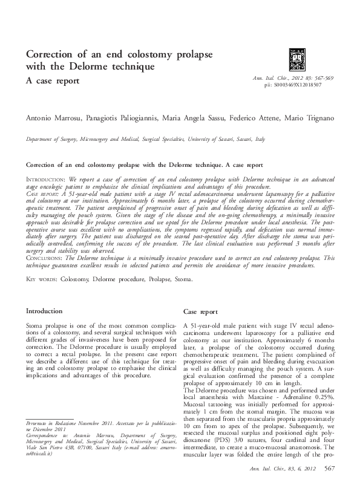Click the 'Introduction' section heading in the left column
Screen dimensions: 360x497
(x=45, y=311)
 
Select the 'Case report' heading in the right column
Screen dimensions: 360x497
(x=200, y=312)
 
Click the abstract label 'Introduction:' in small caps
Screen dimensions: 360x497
(x=47, y=180)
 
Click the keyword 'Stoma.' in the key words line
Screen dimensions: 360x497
(x=183, y=279)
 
